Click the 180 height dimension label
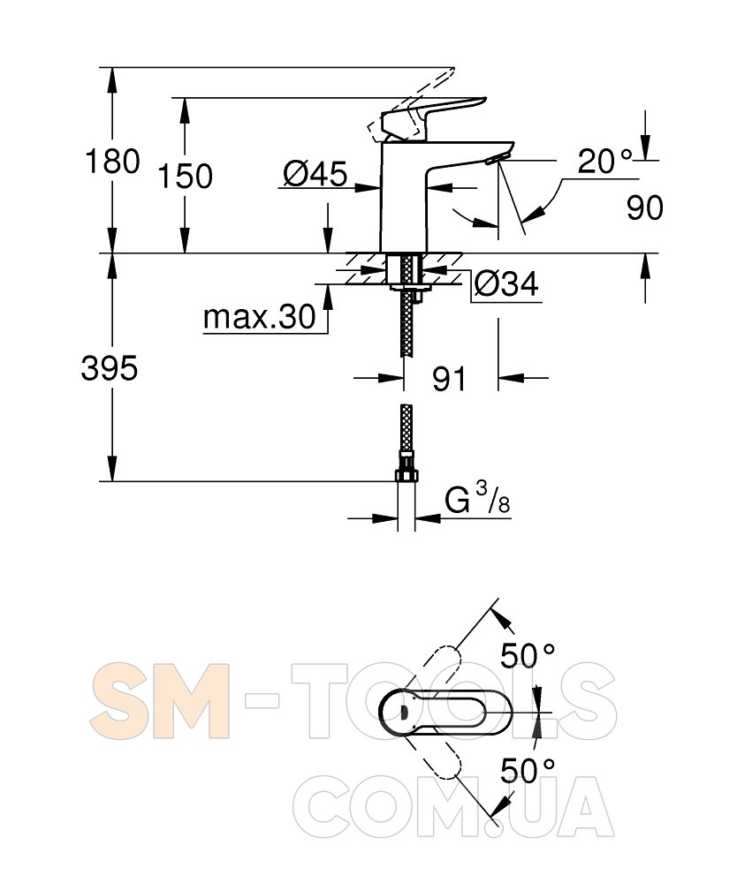[112, 161]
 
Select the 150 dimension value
[185, 176]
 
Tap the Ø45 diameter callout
[315, 173]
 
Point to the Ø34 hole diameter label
[506, 283]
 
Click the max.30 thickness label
[259, 317]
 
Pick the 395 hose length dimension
[110, 369]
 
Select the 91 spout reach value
[449, 379]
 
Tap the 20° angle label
[605, 162]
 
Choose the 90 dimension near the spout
[644, 208]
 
